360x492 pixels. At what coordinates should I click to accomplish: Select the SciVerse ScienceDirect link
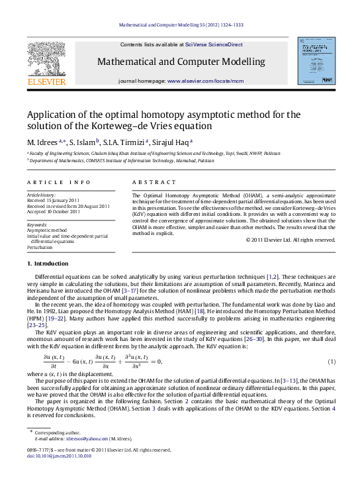[214, 44]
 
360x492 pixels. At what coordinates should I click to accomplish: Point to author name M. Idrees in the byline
[42, 142]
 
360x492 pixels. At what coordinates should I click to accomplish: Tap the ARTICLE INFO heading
[59, 182]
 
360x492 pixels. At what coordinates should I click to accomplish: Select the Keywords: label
[37, 225]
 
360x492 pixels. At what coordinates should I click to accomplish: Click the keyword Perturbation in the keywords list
[40, 247]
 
